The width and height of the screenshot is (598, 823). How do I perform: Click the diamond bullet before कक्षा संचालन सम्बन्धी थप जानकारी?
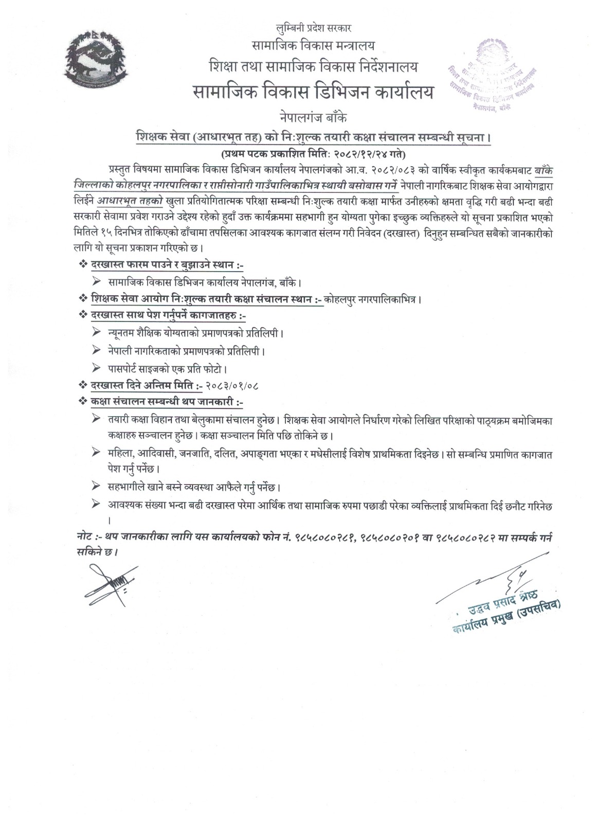pyautogui.click(x=82, y=401)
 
